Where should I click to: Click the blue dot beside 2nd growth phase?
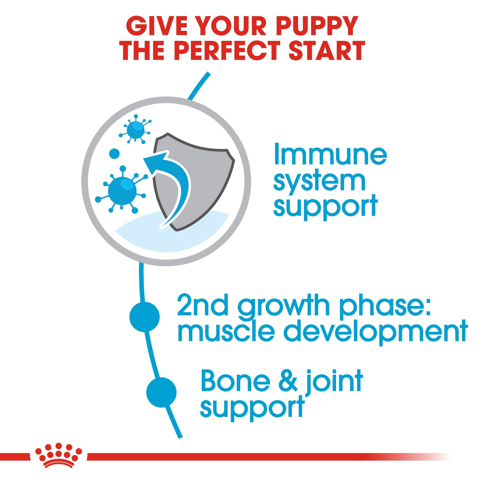coord(145,317)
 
